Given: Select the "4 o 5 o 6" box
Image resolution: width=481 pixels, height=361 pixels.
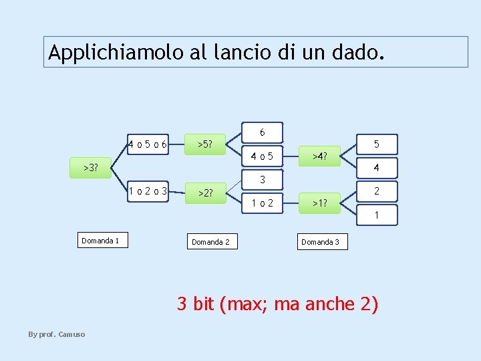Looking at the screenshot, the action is coord(148,144).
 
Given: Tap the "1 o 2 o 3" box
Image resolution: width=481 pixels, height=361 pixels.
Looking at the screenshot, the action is coord(148,191).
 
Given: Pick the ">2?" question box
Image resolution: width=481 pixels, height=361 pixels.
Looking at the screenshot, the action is coord(205,193).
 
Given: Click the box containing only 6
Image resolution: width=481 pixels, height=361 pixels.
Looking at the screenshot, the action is coord(263,132).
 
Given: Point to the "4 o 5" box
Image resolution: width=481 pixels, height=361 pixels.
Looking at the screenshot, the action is coord(263,157).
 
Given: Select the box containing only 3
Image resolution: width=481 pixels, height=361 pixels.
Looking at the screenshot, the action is coord(263,179).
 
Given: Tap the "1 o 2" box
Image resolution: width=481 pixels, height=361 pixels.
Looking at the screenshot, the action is coord(263,203).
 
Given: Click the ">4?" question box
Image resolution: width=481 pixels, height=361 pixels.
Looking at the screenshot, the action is coord(320,157).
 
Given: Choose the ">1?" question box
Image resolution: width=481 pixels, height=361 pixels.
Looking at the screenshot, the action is coord(320,203).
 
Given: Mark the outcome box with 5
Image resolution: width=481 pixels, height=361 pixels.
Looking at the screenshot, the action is coord(377,144).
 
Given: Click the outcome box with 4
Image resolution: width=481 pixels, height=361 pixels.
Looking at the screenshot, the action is coord(377,167).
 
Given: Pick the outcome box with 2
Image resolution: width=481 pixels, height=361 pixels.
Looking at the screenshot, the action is coord(377,191).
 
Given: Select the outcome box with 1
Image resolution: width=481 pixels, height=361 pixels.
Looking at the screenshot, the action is coord(377,215).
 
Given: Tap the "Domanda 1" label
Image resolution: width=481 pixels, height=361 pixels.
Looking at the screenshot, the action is coord(100,241).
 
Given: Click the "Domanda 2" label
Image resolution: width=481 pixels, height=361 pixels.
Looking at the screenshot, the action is coord(210,241).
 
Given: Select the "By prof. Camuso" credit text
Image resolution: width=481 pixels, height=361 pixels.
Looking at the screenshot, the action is coord(56,334).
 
